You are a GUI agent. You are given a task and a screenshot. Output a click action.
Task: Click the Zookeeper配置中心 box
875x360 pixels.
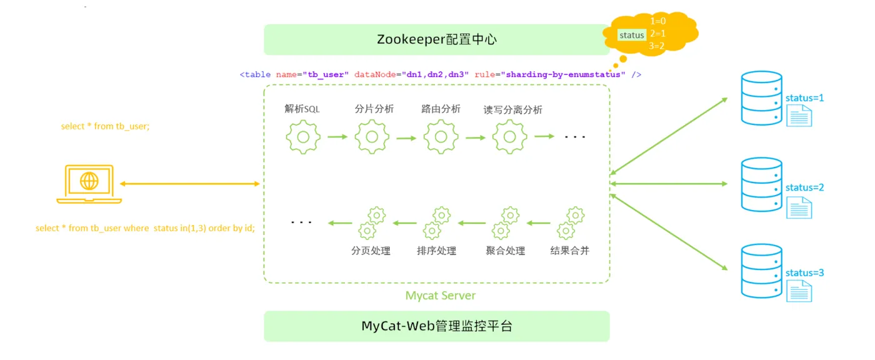pyautogui.click(x=436, y=39)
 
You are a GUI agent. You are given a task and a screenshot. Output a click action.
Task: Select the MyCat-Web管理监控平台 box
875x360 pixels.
pyautogui.click(x=436, y=326)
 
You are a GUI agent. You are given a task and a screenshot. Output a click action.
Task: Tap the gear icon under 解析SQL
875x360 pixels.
pyautogui.click(x=303, y=137)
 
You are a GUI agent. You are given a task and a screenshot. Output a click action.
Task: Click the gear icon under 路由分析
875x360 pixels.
pyautogui.click(x=441, y=137)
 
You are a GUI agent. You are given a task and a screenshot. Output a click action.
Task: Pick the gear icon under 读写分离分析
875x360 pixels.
pyautogui.click(x=509, y=137)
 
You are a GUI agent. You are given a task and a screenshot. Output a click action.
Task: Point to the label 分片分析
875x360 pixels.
pyautogui.click(x=374, y=109)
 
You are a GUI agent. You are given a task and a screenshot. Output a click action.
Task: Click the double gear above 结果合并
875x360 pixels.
pyautogui.click(x=571, y=223)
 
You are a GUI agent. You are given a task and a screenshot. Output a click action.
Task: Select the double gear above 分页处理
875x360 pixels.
pyautogui.click(x=372, y=223)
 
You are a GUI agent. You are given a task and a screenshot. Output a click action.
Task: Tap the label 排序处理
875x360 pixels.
pyautogui.click(x=436, y=251)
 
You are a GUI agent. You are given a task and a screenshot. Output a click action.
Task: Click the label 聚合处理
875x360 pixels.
pyautogui.click(x=505, y=251)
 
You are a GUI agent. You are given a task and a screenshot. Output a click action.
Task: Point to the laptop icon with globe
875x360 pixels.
pyautogui.click(x=89, y=184)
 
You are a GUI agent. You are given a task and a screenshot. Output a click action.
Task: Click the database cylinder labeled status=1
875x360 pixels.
pyautogui.click(x=761, y=98)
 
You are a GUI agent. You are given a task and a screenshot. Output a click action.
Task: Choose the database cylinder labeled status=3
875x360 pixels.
pyautogui.click(x=761, y=271)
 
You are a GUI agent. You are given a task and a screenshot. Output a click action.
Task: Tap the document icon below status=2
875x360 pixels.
pyautogui.click(x=799, y=207)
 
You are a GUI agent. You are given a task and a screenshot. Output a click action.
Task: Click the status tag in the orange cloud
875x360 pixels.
pyautogui.click(x=632, y=35)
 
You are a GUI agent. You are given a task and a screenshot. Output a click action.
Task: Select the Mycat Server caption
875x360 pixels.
pyautogui.click(x=440, y=296)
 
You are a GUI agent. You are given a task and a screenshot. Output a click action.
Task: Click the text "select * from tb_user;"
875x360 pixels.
pyautogui.click(x=105, y=126)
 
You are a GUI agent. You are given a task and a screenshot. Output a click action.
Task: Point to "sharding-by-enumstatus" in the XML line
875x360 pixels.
pyautogui.click(x=563, y=74)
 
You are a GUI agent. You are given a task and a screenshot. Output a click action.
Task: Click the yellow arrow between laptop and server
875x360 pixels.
pyautogui.click(x=190, y=184)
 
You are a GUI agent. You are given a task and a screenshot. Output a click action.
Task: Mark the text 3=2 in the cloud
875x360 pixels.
pyautogui.click(x=657, y=46)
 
